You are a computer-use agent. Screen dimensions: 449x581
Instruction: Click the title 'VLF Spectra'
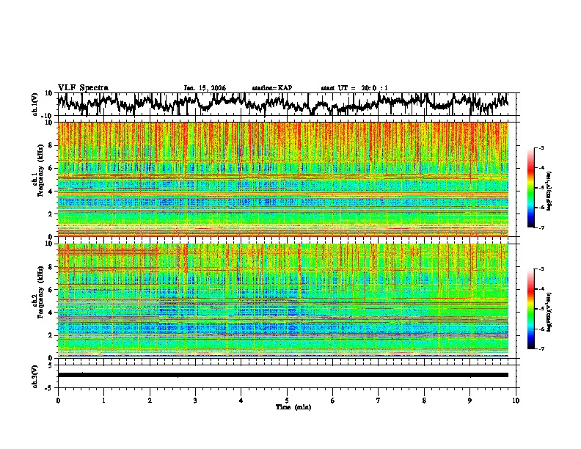coord(83,87)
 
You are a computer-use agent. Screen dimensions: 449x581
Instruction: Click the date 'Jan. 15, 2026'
coord(205,88)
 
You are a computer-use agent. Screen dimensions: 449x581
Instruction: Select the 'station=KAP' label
coord(271,88)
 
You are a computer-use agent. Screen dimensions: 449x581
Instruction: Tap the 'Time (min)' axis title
coord(287,407)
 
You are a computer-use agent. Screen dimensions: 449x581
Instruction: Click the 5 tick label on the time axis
coord(287,401)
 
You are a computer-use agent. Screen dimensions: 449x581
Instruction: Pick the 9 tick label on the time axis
coord(470,401)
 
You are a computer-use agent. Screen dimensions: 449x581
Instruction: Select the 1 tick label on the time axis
coord(103,401)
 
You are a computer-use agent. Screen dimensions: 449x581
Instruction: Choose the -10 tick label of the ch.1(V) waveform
coord(48,116)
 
